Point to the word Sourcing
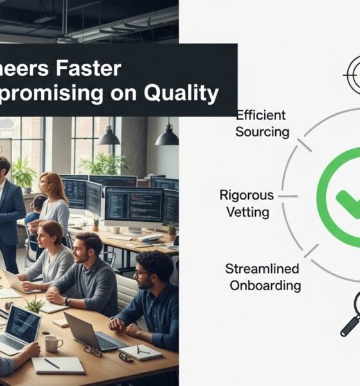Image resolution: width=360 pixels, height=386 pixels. (x=262, y=132)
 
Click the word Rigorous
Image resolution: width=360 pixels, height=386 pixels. (x=246, y=195)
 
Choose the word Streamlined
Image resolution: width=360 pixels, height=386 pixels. (x=262, y=269)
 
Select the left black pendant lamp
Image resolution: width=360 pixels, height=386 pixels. (x=109, y=136)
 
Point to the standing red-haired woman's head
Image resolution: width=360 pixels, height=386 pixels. (x=52, y=185)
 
